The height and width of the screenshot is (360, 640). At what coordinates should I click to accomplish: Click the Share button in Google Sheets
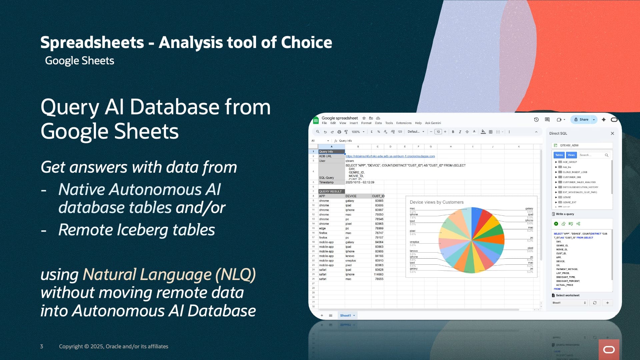581,120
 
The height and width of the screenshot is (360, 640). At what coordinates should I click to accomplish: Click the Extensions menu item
404,123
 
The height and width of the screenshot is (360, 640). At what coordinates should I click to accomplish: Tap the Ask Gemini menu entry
433,123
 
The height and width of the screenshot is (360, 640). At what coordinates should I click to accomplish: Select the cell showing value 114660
378,274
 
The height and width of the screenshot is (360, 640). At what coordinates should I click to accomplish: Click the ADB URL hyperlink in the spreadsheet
390,156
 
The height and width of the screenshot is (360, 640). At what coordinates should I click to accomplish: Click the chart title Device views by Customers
436,202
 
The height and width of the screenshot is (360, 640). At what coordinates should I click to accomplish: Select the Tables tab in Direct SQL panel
559,155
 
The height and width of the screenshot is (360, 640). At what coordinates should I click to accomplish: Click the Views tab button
571,155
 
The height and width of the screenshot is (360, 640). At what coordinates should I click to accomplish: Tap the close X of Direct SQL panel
612,133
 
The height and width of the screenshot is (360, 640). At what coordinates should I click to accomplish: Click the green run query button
556,224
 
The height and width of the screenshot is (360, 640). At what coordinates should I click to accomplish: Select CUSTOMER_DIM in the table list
571,177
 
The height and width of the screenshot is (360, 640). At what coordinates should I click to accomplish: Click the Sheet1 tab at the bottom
345,315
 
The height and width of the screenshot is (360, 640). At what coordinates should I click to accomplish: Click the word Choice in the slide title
306,42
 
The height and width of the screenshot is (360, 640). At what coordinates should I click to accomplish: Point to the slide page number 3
42,346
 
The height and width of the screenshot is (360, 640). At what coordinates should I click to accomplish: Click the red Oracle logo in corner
609,349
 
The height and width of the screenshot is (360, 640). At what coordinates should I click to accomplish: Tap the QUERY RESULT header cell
330,191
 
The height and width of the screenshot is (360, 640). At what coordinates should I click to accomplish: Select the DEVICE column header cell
351,196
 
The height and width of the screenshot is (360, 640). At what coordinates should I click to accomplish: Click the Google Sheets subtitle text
79,61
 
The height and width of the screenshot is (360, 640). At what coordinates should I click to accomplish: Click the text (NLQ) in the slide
235,274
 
